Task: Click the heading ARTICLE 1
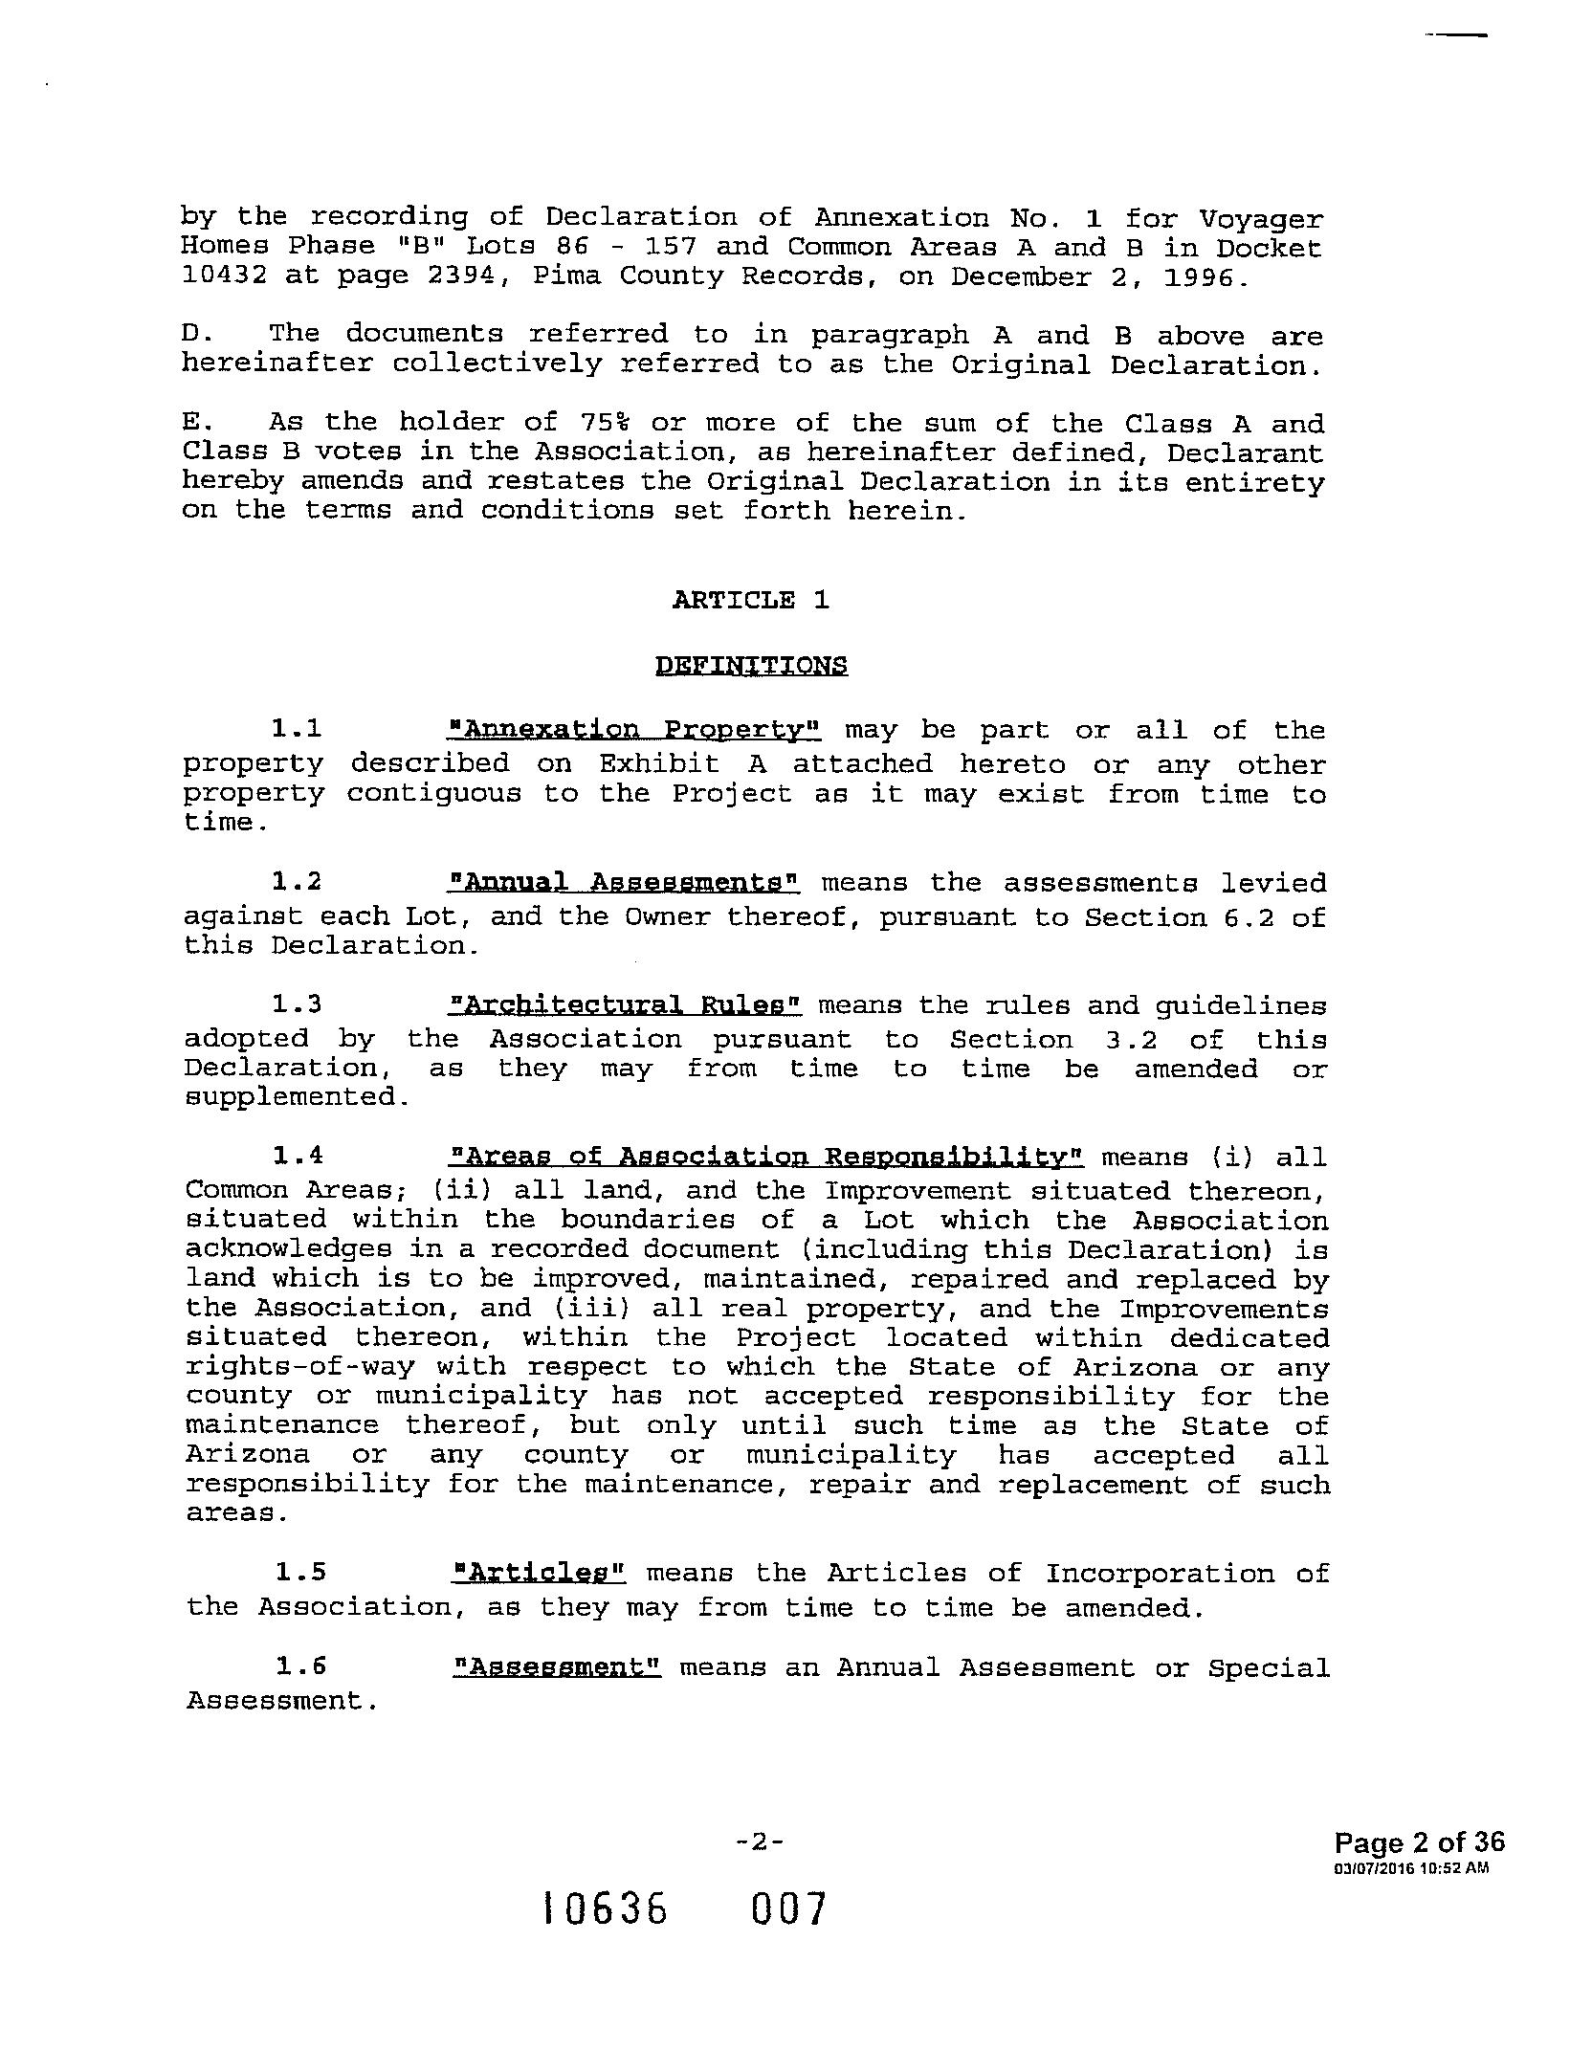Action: click(750, 600)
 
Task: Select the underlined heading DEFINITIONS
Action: click(751, 665)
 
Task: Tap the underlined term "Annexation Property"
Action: click(634, 731)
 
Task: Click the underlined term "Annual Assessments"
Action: click(624, 882)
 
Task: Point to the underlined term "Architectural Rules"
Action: click(625, 1005)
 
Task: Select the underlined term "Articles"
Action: click(538, 1574)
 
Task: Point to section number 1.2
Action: click(297, 882)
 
